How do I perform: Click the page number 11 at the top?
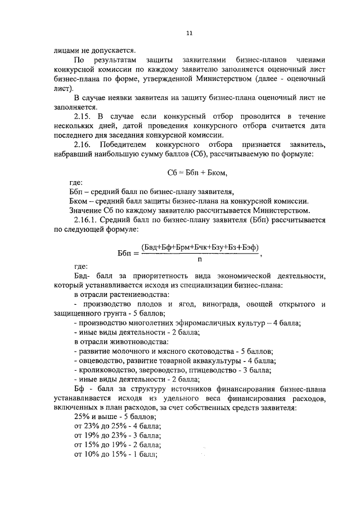coord(189,33)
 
